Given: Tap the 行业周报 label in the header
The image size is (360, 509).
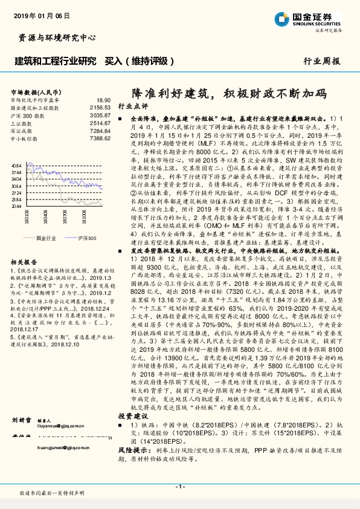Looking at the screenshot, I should click(321, 61).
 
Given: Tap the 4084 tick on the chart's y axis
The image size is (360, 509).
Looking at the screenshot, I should click(16, 165).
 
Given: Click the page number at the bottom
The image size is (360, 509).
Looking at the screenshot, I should click(180, 487).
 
